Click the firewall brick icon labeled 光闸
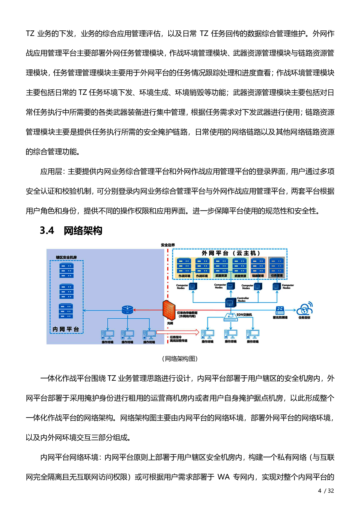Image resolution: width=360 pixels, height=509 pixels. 169,310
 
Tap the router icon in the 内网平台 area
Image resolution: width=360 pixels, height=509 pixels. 127,310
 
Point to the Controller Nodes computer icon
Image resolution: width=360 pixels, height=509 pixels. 231,302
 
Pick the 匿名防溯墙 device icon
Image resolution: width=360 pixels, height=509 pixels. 280,310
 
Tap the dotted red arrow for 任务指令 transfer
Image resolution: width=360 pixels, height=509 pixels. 178,332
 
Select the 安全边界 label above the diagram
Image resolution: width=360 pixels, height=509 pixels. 168,245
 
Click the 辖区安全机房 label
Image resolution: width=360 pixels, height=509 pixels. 66,257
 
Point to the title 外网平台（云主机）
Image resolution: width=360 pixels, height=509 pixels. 231,253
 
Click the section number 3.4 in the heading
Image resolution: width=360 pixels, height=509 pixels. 47,231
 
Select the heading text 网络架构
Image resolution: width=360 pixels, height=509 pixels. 83,231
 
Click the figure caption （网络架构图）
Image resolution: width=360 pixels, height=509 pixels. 180,359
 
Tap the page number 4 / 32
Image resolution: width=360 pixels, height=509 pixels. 326,491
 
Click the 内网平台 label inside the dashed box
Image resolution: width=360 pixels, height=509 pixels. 66,329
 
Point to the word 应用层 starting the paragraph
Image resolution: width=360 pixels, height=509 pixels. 51,172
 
